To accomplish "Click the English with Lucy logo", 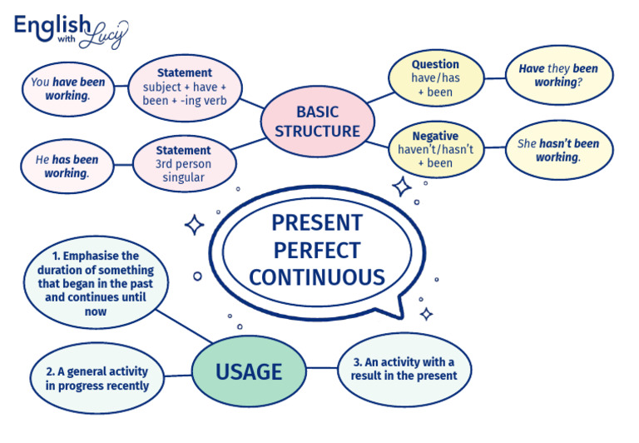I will click(71, 31).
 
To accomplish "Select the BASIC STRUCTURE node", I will click(317, 122).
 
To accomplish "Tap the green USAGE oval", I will click(249, 371).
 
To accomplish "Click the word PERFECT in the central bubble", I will click(317, 250).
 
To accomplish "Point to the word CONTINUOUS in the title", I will click(317, 276).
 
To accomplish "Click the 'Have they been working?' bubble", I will click(558, 75).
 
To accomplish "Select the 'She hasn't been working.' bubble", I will click(558, 150).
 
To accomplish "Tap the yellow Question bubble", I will click(434, 77).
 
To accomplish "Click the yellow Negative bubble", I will click(434, 149).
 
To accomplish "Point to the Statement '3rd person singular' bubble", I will click(184, 163).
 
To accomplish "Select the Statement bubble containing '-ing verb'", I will click(185, 87).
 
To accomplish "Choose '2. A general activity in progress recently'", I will click(97, 378).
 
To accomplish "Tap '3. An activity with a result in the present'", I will click(404, 369).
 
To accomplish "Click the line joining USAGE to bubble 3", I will click(322, 371).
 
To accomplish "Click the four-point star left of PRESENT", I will click(194, 225).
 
